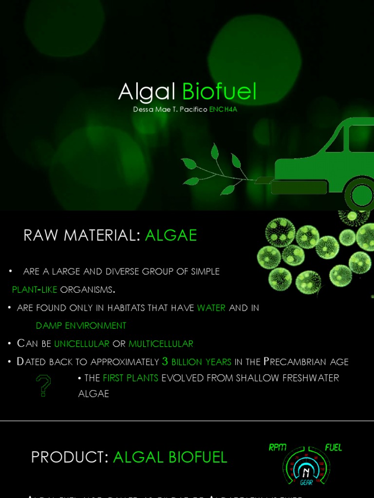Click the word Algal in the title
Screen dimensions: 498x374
[147, 92]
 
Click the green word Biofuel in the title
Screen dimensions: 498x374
[219, 92]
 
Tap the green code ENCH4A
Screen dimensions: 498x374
[223, 109]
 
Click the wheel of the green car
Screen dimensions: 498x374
[361, 195]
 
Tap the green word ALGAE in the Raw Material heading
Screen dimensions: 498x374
[171, 235]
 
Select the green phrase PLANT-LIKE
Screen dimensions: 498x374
[35, 289]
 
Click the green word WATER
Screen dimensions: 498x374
[211, 308]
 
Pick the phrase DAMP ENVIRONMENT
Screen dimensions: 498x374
[81, 325]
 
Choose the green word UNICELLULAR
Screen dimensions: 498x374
[81, 344]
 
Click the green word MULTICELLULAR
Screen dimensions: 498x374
[161, 344]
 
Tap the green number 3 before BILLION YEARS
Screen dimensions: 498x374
[165, 361]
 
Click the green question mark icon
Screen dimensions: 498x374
[43, 386]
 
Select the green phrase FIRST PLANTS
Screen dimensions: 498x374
[131, 378]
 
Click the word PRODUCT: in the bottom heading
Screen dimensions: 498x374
[70, 457]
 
